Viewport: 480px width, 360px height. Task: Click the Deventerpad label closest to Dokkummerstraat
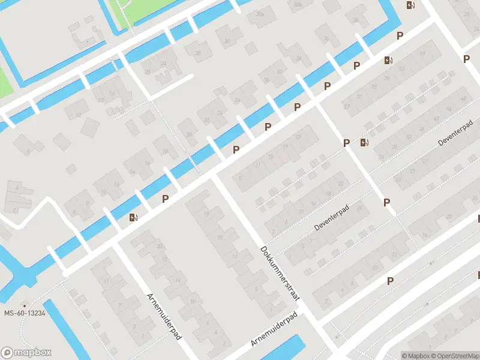click(x=331, y=220)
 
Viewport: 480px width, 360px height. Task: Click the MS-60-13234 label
click(x=25, y=313)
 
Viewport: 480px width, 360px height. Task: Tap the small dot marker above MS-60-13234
click(x=25, y=305)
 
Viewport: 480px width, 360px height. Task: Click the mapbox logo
click(x=26, y=353)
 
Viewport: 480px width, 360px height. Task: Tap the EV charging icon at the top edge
click(x=410, y=5)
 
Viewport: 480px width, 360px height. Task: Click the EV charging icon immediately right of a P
click(x=364, y=143)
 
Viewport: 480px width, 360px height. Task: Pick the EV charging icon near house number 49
click(x=388, y=60)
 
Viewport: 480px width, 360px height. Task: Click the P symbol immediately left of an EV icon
click(x=346, y=143)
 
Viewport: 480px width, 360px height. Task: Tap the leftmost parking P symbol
click(x=165, y=199)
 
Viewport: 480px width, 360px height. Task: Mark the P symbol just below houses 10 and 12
click(x=390, y=281)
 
